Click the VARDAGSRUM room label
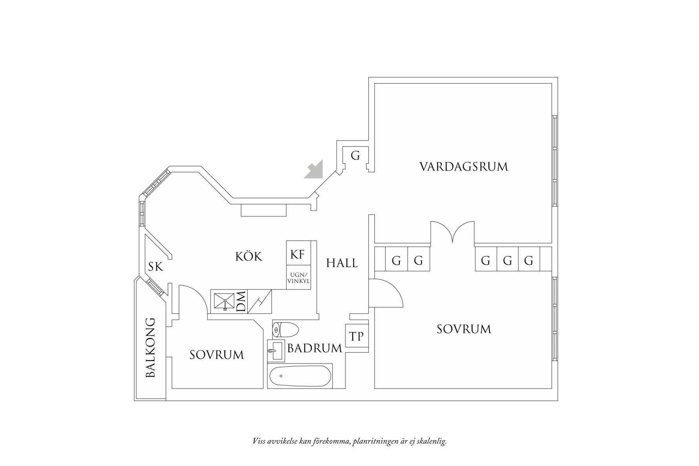click(463, 166)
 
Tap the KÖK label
click(249, 256)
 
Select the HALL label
click(342, 263)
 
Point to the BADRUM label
click(315, 348)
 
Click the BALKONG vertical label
click(150, 348)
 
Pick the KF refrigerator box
click(298, 254)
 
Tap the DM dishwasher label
click(241, 302)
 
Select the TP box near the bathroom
click(357, 336)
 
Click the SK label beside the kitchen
click(156, 267)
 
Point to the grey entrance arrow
click(315, 170)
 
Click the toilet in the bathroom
click(286, 329)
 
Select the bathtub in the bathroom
click(300, 376)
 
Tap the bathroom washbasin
click(276, 349)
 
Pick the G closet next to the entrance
click(355, 156)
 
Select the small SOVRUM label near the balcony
click(216, 355)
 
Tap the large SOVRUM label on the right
click(464, 329)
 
